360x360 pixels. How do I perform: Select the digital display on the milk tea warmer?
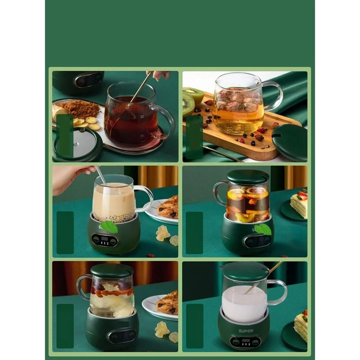(105, 240)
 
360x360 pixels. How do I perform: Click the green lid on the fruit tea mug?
(247, 176)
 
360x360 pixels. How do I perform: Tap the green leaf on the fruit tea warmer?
(263, 229)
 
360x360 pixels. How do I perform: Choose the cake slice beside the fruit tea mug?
(299, 204)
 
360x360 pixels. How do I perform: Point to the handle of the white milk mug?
(278, 292)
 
